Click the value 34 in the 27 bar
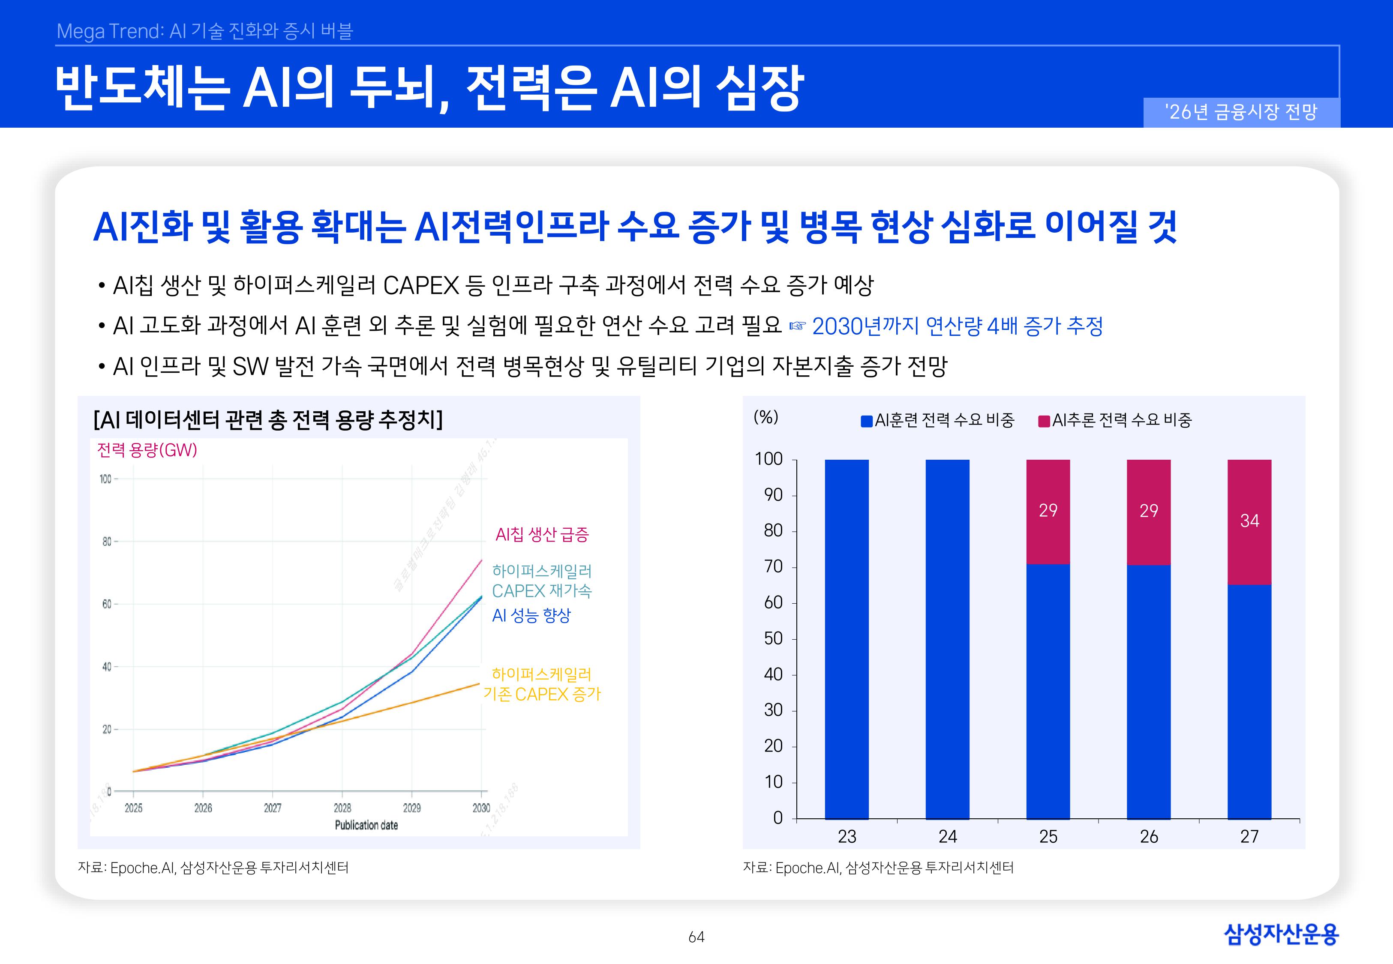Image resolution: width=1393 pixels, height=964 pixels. click(x=1249, y=521)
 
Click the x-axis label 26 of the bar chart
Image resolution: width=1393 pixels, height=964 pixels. click(x=1148, y=837)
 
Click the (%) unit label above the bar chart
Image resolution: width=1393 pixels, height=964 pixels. click(x=766, y=417)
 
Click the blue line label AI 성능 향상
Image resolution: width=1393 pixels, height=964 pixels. click(x=531, y=616)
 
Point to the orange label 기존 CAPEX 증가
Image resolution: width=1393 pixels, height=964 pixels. click(x=542, y=694)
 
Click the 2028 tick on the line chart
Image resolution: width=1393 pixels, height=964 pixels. click(x=342, y=808)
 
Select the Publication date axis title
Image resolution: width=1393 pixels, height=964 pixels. click(x=366, y=825)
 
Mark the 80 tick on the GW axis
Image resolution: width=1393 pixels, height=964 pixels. click(x=107, y=542)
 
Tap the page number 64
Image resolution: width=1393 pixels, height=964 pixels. click(x=696, y=937)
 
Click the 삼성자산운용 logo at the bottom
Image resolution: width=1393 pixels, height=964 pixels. click(x=1281, y=934)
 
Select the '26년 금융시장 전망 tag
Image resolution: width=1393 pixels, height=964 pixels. click(x=1241, y=112)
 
